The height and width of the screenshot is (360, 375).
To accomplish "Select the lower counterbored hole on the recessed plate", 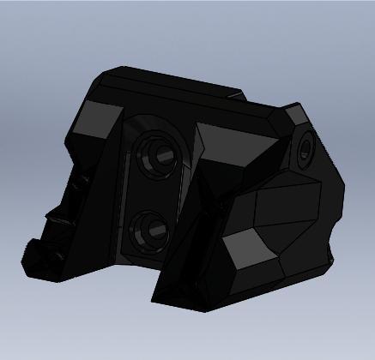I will [x=151, y=229].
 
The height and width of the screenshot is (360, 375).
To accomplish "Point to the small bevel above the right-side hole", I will [x=295, y=114].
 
